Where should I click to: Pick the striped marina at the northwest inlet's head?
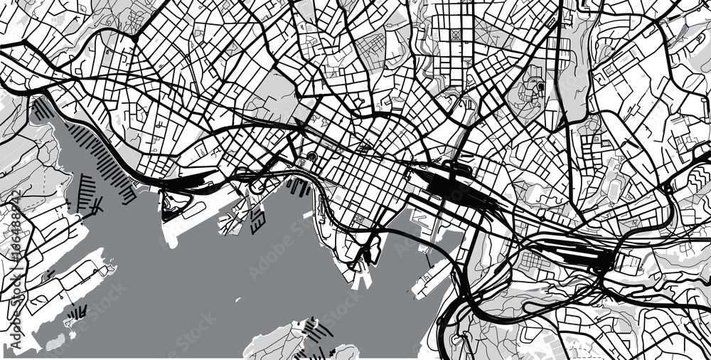pos(43,110)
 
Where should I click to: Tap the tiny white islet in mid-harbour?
pos(307,214)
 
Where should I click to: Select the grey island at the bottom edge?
pos(277,342)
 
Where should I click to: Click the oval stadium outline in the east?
pos(614,187)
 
